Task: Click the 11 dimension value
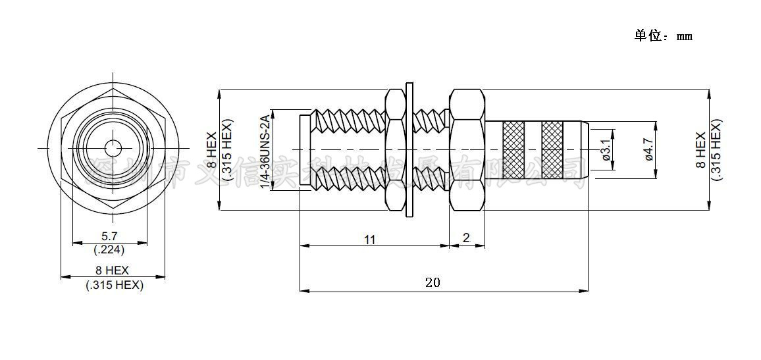click(x=370, y=240)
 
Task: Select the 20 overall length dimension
click(x=433, y=283)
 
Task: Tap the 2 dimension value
click(x=467, y=238)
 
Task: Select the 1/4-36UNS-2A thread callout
click(x=265, y=151)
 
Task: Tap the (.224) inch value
click(x=109, y=249)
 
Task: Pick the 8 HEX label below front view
click(x=113, y=270)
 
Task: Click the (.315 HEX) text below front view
click(x=115, y=285)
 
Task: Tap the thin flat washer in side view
click(x=409, y=149)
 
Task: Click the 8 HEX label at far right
click(x=701, y=150)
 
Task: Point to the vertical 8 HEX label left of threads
click(x=212, y=150)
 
